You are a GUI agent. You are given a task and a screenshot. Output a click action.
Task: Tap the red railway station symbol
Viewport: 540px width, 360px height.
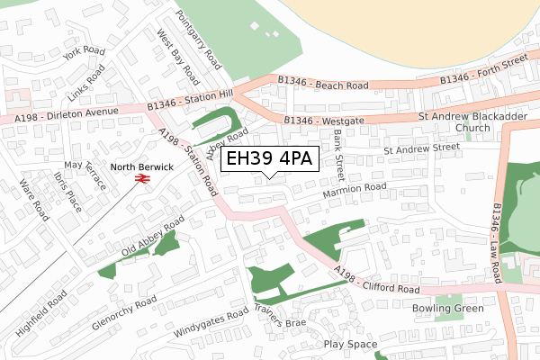click(x=140, y=180)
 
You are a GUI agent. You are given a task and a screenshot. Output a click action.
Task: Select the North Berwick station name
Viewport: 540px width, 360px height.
click(x=140, y=166)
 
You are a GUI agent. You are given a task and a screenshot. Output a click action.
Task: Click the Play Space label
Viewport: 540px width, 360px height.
click(x=350, y=344)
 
